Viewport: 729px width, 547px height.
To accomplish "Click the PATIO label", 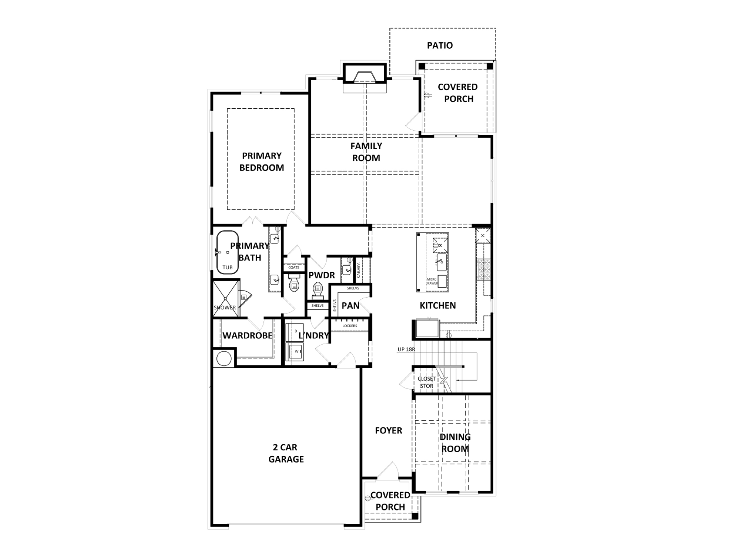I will (x=440, y=46).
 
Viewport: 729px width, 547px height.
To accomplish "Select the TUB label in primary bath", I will (x=227, y=267).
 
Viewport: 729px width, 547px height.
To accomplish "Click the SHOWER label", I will (x=225, y=307).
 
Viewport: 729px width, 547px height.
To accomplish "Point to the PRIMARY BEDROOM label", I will (x=262, y=162).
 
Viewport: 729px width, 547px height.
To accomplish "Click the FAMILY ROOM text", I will (x=366, y=152).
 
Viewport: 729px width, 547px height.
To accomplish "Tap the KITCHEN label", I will (x=437, y=306).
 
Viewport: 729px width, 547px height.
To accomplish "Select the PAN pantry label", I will (x=350, y=306).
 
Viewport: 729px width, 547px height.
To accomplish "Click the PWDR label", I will (x=321, y=275).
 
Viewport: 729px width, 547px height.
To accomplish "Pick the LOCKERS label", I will (x=350, y=325).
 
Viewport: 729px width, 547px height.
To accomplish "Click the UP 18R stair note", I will (x=406, y=349).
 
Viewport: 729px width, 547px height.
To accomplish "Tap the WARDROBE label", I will (x=247, y=335).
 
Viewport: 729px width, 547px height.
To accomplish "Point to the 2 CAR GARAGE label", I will (x=286, y=453).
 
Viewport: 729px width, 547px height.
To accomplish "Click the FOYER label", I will (x=388, y=431).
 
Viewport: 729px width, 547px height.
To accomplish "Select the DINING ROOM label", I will (x=455, y=443).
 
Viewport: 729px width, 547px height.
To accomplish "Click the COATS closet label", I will (x=294, y=267).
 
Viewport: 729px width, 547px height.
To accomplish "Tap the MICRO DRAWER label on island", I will (x=432, y=281).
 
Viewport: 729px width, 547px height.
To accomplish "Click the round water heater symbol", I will (x=224, y=358).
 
